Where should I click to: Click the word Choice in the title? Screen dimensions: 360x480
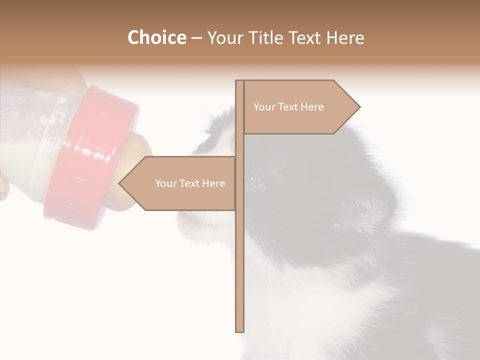(x=156, y=38)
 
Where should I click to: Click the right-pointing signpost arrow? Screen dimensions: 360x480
(x=300, y=107)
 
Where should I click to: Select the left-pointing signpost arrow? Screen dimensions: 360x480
(x=180, y=183)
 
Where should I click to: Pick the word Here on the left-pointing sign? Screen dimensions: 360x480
(x=213, y=183)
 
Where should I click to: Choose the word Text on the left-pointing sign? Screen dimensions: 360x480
(x=189, y=183)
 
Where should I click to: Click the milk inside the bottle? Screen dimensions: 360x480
(x=20, y=160)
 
